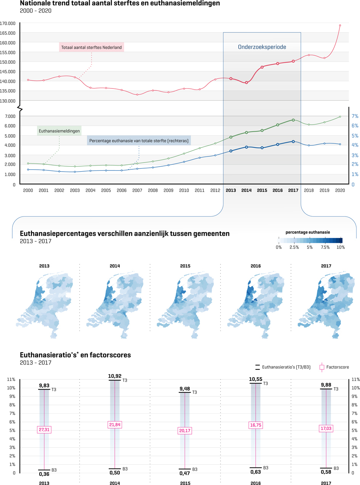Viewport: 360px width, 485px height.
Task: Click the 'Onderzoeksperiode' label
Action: coord(262,47)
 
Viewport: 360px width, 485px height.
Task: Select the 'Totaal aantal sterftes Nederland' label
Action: coord(92,48)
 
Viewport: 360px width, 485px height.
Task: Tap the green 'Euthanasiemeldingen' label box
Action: coord(59,131)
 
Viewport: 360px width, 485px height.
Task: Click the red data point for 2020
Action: coord(340,26)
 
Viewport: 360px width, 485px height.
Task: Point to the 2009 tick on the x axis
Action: coord(168,190)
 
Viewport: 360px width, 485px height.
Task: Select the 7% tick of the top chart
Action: coord(355,116)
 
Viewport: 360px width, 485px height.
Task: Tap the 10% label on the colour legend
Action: coord(341,247)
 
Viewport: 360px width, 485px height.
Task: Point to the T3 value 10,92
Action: coord(115,376)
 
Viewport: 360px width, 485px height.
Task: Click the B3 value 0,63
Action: coord(256,472)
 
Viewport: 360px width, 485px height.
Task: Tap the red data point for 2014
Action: coord(246,82)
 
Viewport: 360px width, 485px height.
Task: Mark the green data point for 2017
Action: coord(293,120)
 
